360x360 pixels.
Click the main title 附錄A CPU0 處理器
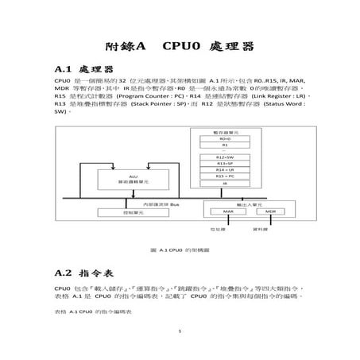[180, 47]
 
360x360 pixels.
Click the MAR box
[227, 211]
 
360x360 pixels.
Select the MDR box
[269, 211]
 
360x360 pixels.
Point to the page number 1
[180, 331]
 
